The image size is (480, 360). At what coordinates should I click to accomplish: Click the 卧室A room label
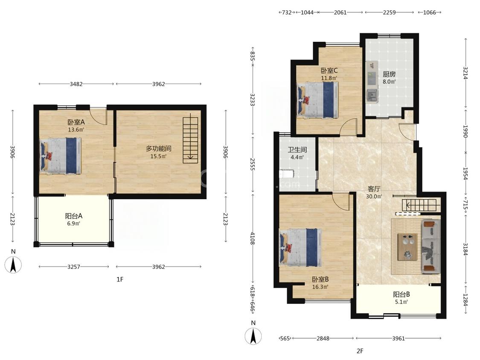point(76,122)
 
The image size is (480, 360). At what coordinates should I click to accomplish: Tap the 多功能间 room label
point(158,149)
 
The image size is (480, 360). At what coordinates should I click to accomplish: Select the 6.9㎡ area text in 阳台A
point(74,224)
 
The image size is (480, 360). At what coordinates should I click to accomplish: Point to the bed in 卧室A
point(61,156)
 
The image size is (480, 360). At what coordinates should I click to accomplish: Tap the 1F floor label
point(120,279)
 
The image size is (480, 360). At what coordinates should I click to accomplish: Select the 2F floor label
point(360,351)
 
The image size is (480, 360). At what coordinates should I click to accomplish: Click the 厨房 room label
point(389,74)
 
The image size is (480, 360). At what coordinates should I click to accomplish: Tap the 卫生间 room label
point(297,150)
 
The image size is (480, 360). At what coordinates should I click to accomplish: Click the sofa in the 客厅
point(431,247)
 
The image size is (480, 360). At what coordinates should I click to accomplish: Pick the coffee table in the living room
point(407,247)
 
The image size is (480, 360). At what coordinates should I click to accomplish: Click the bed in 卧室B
point(301,247)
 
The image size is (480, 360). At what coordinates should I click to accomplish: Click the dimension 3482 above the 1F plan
point(76,84)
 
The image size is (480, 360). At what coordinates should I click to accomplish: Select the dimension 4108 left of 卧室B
point(252,238)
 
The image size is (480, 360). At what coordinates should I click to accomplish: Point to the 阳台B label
point(401,294)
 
